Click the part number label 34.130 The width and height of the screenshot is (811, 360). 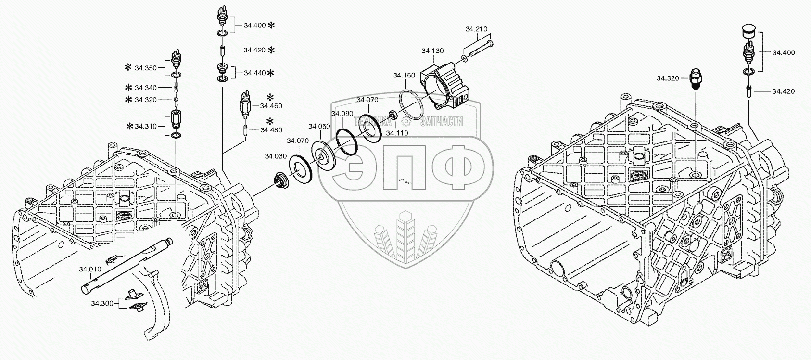click(x=432, y=51)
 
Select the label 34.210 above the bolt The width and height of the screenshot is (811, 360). click(x=476, y=29)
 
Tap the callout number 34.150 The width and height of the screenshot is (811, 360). click(x=404, y=76)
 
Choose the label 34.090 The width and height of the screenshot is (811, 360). click(x=342, y=114)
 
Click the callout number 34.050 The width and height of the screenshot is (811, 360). click(x=319, y=126)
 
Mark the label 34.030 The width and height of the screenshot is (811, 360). click(x=275, y=156)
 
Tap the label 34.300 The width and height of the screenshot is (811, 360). click(x=102, y=304)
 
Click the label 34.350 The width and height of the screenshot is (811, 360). click(x=145, y=68)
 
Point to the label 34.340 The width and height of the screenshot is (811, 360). click(x=145, y=88)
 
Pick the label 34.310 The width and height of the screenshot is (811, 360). click(x=145, y=126)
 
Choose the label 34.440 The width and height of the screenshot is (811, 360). click(x=254, y=73)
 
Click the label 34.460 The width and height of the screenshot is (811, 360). click(x=271, y=106)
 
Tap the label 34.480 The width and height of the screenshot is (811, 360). click(x=271, y=129)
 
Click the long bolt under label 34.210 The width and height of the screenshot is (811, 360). click(x=479, y=51)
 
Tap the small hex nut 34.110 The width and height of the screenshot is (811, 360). click(x=393, y=116)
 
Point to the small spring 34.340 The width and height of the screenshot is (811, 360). click(x=176, y=88)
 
